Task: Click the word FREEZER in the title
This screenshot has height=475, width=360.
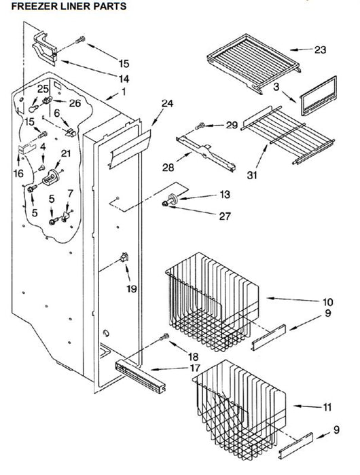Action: click(34, 6)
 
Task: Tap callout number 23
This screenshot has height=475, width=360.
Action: click(320, 50)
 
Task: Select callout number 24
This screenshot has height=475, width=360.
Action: click(167, 103)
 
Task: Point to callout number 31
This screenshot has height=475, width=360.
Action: click(252, 175)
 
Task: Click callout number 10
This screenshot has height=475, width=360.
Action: click(328, 302)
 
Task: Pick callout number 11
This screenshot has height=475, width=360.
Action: click(327, 407)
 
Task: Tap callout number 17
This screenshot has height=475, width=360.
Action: click(195, 368)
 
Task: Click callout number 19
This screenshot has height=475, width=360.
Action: click(132, 288)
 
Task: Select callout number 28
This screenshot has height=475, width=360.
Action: click(168, 167)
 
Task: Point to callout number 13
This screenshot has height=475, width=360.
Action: click(225, 194)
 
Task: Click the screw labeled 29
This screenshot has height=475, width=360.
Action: click(200, 126)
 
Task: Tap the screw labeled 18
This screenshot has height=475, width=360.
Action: click(164, 337)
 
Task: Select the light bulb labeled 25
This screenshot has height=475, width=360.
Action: click(33, 108)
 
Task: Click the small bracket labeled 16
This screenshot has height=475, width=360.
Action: click(26, 149)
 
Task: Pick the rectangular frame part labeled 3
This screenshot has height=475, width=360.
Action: click(319, 96)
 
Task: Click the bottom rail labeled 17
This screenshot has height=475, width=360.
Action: click(141, 376)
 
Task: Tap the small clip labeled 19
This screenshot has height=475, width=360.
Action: click(124, 257)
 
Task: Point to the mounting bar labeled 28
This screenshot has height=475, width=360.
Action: click(206, 153)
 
